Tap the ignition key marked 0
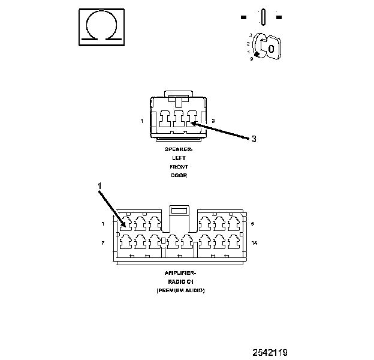[271, 49]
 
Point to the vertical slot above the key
[262, 16]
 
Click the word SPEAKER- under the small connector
[179, 148]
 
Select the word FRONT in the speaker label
[179, 166]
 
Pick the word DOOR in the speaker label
[179, 175]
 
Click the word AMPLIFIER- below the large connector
[180, 273]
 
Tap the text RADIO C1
[180, 281]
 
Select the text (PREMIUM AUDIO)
[180, 290]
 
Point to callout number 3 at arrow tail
[254, 139]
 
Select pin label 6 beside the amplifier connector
[253, 223]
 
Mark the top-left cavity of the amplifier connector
[126, 224]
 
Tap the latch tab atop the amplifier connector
[179, 211]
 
